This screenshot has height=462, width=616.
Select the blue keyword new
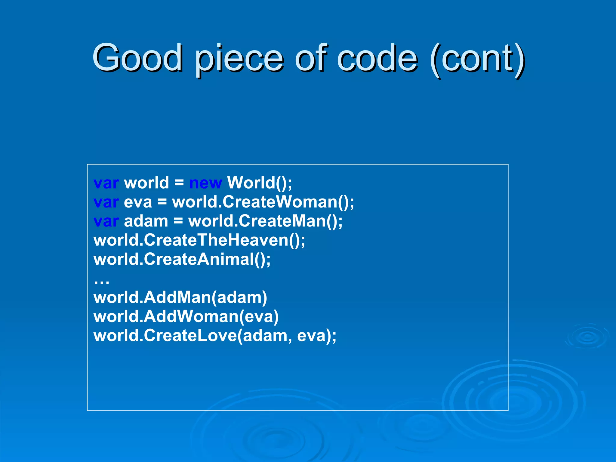pyautogui.click(x=206, y=183)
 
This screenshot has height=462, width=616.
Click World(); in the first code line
pyautogui.click(x=259, y=183)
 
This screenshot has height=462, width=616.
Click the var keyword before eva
pyautogui.click(x=106, y=202)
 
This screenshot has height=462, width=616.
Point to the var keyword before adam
pyautogui.click(x=106, y=221)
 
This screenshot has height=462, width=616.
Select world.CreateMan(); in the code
pyautogui.click(x=265, y=221)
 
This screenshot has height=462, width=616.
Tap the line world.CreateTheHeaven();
pyautogui.click(x=199, y=240)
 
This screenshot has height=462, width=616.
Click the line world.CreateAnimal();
pyautogui.click(x=182, y=259)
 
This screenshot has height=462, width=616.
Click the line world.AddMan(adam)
pyautogui.click(x=180, y=297)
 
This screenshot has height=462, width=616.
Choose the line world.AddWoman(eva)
pyautogui.click(x=186, y=317)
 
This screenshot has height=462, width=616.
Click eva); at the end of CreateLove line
pyautogui.click(x=317, y=336)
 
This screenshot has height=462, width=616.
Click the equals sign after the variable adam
pyautogui.click(x=178, y=221)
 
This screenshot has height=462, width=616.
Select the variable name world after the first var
pyautogui.click(x=146, y=183)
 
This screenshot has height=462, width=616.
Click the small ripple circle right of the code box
pyautogui.click(x=587, y=337)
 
